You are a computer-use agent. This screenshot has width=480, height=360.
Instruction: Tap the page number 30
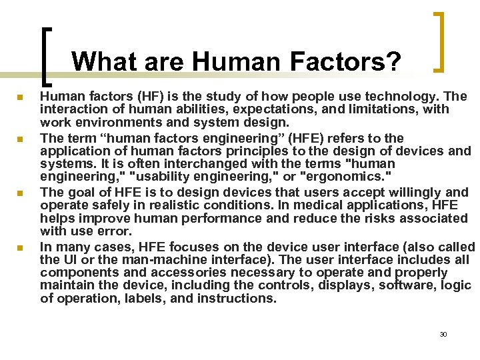click(443, 334)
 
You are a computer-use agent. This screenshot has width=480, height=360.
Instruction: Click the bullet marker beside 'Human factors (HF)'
click(20, 98)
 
